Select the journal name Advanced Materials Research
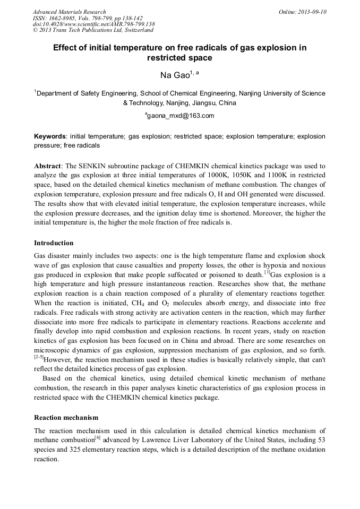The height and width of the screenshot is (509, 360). point(69,12)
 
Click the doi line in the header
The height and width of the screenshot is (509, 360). point(93,24)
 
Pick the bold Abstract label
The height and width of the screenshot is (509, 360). point(49,166)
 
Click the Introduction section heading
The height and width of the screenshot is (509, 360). point(54,243)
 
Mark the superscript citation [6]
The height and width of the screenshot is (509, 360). point(97,438)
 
